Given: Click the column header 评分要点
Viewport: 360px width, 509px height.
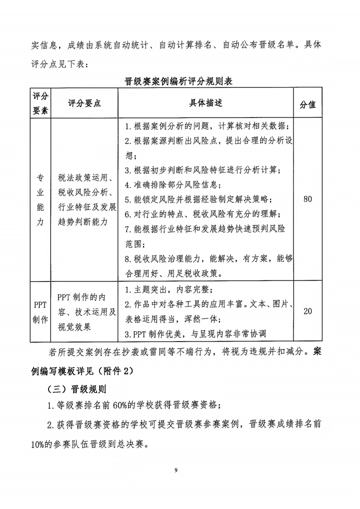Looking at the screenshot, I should pyautogui.click(x=84, y=103).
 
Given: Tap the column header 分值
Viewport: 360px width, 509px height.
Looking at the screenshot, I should pyautogui.click(x=307, y=104).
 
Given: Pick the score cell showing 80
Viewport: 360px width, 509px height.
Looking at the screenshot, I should pyautogui.click(x=307, y=199).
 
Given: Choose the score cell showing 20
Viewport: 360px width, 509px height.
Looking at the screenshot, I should pyautogui.click(x=307, y=311).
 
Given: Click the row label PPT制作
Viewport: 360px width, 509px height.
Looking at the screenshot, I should pyautogui.click(x=40, y=311).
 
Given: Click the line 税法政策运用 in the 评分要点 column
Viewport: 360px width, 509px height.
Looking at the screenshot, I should pyautogui.click(x=87, y=178).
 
